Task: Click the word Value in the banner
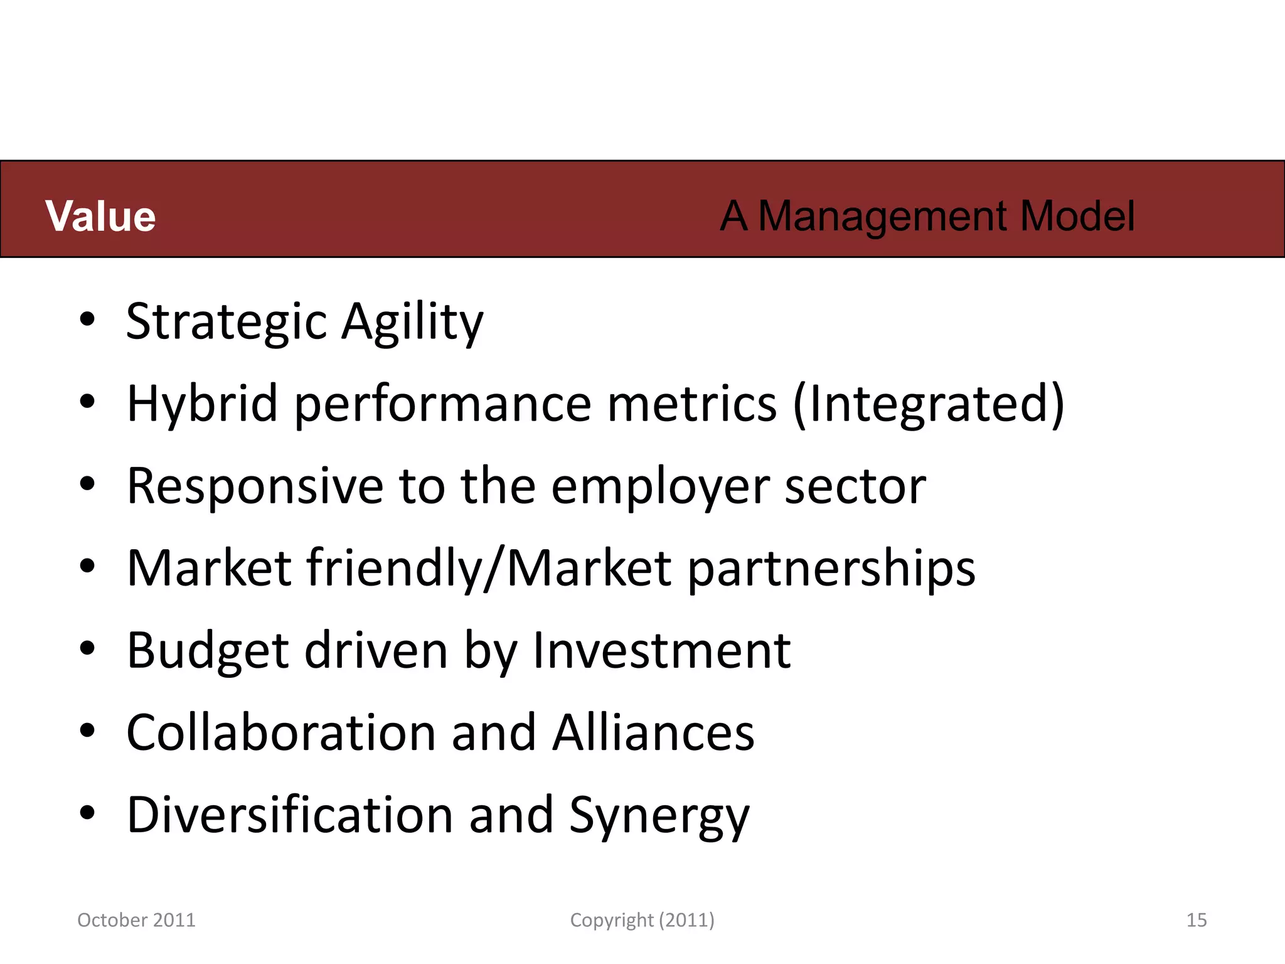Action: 100,217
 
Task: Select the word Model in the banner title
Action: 1077,217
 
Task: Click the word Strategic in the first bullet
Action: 226,322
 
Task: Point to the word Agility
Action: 412,322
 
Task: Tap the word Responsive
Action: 255,486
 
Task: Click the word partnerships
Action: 832,569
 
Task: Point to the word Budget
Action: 208,651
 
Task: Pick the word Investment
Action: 662,650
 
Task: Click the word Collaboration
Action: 281,732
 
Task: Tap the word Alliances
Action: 653,732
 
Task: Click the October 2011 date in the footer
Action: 136,920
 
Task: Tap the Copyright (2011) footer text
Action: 642,920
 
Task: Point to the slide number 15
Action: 1197,920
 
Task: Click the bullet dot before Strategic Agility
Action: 87,319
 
